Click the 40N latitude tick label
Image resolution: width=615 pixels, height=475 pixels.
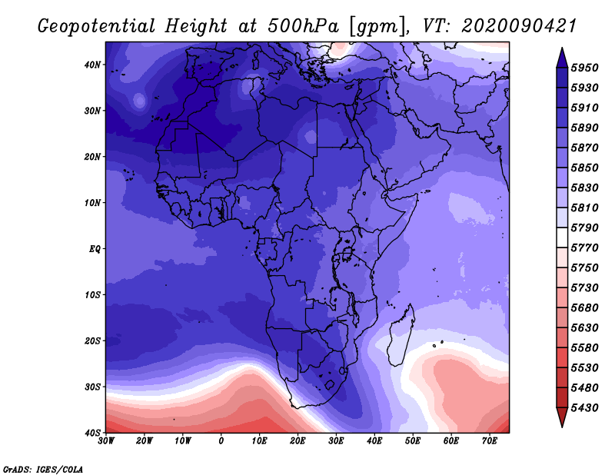(93, 65)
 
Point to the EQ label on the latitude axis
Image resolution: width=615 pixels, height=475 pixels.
(95, 249)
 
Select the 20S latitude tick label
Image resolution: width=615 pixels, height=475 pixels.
(93, 340)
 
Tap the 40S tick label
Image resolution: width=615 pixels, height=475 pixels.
(93, 433)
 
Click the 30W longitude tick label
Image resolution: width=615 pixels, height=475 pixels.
(106, 441)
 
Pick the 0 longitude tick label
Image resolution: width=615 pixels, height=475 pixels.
(221, 441)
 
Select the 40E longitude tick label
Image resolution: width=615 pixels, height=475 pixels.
(374, 441)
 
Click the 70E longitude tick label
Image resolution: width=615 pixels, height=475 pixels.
(490, 441)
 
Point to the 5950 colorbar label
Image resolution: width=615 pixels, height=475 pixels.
(586, 68)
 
